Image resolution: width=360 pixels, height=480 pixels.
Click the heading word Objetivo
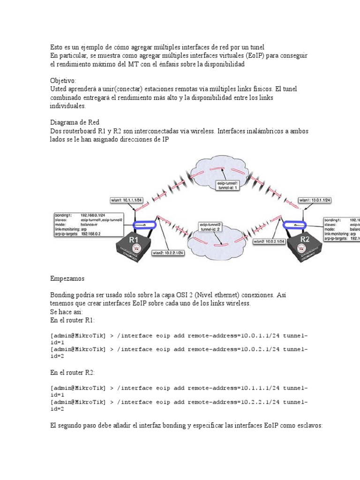pyautogui.click(x=63, y=80)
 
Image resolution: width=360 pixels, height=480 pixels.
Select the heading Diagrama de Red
pyautogui.click(x=75, y=122)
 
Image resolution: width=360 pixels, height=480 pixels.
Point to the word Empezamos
pyautogui.click(x=67, y=278)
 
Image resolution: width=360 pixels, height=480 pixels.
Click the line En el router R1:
pyautogui.click(x=72, y=320)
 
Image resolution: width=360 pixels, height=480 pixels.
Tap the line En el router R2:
pyautogui.click(x=72, y=372)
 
